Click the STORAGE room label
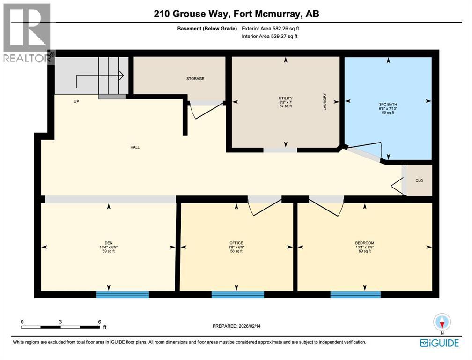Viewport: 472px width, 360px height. (195, 79)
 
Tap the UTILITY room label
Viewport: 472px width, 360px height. (286, 98)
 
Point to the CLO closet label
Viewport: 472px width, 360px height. (419, 180)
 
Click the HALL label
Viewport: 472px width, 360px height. (135, 147)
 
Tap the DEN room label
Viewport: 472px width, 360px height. (109, 243)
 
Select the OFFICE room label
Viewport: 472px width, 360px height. (236, 243)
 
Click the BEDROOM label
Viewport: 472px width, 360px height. (364, 243)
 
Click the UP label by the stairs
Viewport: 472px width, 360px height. (75, 101)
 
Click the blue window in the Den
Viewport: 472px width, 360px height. (122, 294)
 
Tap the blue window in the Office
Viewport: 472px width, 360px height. (237, 294)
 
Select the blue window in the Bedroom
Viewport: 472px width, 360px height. (355, 294)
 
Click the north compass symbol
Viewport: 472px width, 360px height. (442, 322)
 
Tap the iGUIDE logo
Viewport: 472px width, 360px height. (439, 343)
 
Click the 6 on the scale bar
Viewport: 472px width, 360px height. (99, 322)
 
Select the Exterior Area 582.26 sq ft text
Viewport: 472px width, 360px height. (270, 28)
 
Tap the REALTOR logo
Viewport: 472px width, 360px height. (26, 33)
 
